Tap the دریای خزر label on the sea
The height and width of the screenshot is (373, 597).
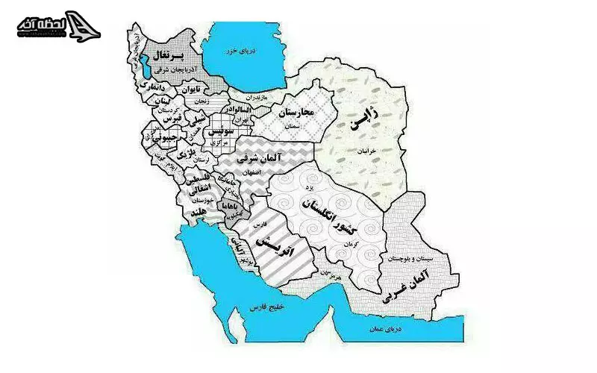[242, 50]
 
